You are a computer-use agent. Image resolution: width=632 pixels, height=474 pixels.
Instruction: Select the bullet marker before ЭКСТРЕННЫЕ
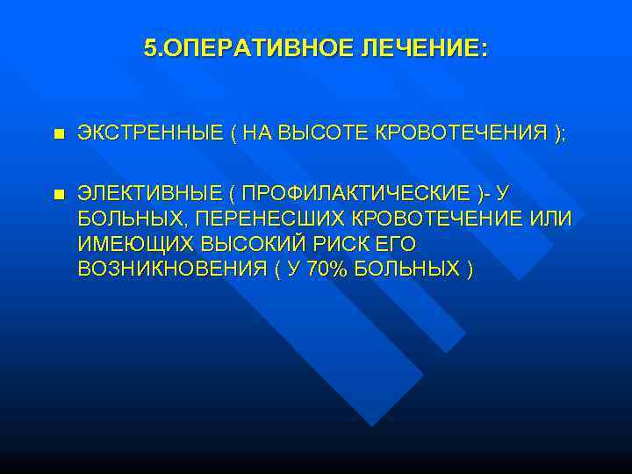click(x=58, y=134)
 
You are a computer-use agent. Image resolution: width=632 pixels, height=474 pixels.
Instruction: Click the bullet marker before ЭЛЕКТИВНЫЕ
click(x=58, y=193)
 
